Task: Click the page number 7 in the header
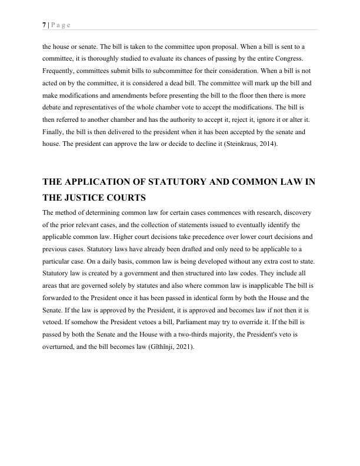[44, 25]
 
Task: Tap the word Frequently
[61, 72]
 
